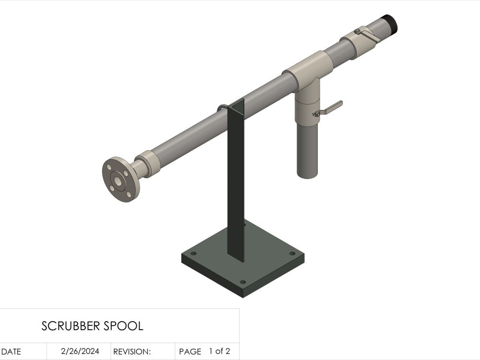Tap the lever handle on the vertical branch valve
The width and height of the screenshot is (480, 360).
point(331,107)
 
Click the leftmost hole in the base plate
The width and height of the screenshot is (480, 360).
point(194,253)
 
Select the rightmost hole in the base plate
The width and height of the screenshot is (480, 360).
point(292,253)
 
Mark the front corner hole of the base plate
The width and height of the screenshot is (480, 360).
point(242,282)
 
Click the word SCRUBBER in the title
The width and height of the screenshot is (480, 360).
point(71,326)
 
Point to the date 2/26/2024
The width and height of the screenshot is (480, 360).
point(80,351)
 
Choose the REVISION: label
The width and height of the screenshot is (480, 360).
point(132,352)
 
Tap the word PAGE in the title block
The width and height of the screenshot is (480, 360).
point(190,352)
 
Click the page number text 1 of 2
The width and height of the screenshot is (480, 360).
point(219,351)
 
